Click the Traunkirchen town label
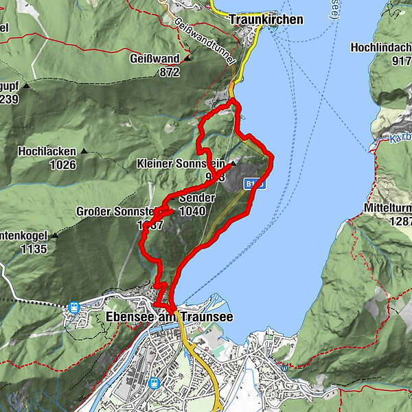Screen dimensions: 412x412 coord(266,20)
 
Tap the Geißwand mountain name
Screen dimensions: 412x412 coord(154,59)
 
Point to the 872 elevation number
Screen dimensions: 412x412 coord(168,71)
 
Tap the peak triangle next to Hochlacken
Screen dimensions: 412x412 coord(84,151)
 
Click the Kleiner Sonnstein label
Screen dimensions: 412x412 coord(181,164)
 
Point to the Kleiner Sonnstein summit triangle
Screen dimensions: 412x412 coord(233,164)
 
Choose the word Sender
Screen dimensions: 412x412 coord(196,198)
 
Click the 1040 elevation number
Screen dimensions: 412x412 coord(192,211)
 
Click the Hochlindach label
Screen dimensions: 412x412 coord(381,47)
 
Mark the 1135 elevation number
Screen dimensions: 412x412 coord(34,249)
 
